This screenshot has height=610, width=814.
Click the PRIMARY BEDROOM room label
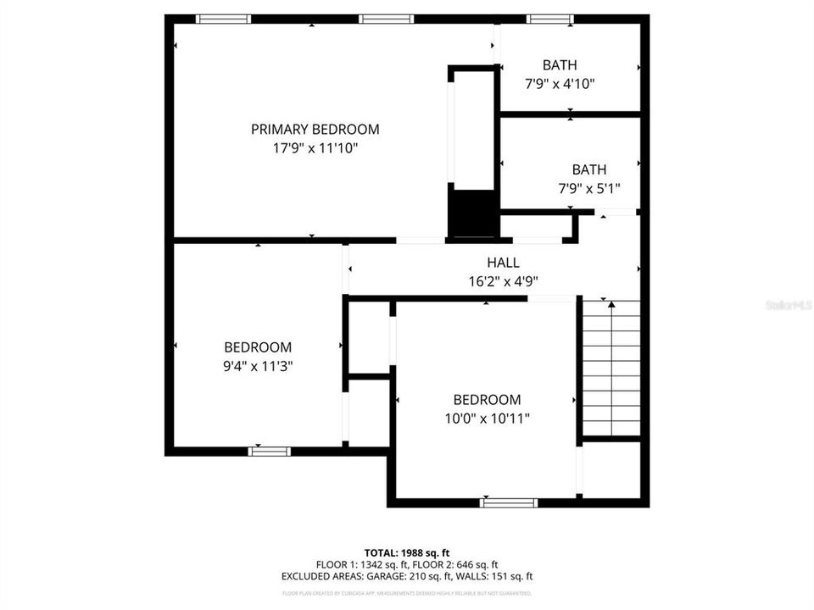coord(315,130)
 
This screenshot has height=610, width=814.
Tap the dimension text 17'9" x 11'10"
coord(315,147)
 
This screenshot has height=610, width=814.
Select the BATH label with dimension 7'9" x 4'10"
coord(560,64)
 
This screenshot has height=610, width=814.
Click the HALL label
coord(503,263)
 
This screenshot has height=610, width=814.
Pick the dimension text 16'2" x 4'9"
coord(503,281)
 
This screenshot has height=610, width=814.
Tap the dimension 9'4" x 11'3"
coord(258,366)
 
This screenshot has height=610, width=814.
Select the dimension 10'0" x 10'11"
coord(487,419)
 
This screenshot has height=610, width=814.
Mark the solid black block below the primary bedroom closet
coord(473,215)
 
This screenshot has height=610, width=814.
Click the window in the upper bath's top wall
coord(549,19)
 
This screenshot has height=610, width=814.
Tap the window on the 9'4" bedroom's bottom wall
coord(270,452)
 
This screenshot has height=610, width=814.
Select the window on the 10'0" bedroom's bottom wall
coord(509,502)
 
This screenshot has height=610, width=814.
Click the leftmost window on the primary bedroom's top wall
coord(223,19)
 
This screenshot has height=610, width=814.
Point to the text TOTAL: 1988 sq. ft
coord(407,552)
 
